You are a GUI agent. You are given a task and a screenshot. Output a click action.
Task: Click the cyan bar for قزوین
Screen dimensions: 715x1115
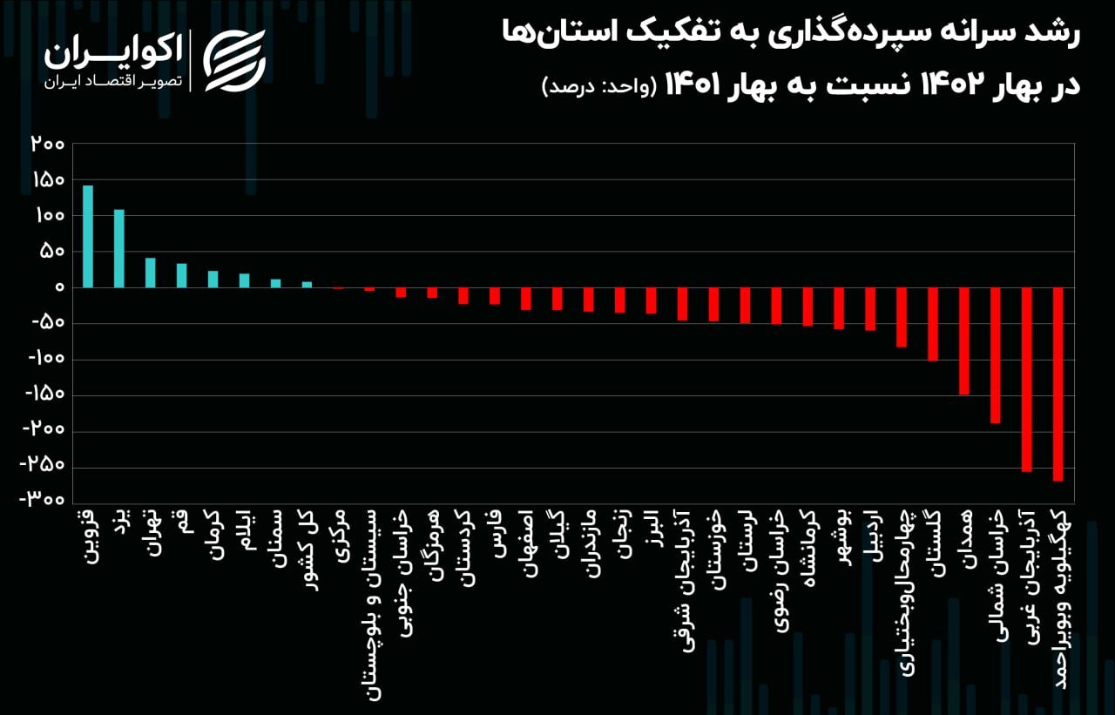[88, 236]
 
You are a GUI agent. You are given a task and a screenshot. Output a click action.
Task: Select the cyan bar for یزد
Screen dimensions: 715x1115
[119, 248]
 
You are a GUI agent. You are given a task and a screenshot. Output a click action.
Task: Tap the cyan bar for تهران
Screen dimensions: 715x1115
[151, 273]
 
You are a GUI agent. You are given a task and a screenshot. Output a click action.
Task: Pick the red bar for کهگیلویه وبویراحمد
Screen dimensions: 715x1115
[1058, 383]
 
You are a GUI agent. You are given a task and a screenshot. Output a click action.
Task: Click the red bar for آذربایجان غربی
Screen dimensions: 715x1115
[1027, 379]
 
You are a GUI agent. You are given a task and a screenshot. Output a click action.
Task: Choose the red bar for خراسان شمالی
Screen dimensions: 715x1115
[996, 354]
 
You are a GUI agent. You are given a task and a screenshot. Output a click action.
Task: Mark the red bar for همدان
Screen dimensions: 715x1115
[964, 341]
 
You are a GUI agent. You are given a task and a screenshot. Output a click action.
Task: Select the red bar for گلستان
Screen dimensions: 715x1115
[933, 323]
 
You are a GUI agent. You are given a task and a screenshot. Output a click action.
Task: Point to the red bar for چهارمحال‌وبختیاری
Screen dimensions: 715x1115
[902, 317]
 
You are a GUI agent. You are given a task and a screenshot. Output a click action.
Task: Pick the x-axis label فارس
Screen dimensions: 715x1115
[496, 531]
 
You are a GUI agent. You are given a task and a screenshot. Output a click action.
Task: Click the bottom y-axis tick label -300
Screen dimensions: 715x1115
[43, 502]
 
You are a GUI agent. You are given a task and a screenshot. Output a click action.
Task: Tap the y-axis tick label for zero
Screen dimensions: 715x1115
[58, 287]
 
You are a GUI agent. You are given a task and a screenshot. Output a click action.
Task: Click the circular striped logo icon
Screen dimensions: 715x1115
[233, 60]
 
